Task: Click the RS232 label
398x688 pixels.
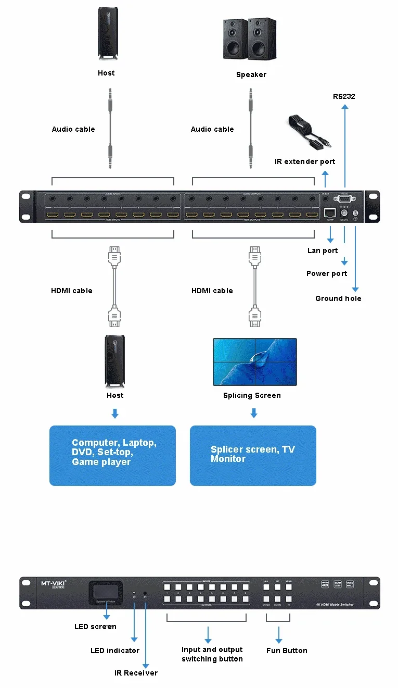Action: pos(344,96)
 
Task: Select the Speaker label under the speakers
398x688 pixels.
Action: pos(251,74)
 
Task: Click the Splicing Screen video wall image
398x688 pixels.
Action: pos(254,362)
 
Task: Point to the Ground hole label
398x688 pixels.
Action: pos(338,298)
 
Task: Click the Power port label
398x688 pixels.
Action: pos(327,273)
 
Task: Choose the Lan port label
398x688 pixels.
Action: pos(323,251)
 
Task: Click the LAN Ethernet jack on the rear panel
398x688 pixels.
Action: pos(329,212)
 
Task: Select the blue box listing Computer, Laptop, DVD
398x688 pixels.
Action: pos(112,455)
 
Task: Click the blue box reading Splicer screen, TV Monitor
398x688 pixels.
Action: pos(253,455)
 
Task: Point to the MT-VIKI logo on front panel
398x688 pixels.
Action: pos(54,584)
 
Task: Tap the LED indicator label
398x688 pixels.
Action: pos(115,651)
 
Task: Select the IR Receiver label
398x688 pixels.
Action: pos(136,673)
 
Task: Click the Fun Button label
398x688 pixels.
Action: pos(287,651)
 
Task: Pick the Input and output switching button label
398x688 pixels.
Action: pos(212,654)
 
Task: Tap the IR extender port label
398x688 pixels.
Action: pos(305,161)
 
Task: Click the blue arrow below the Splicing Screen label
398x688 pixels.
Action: pos(253,413)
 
